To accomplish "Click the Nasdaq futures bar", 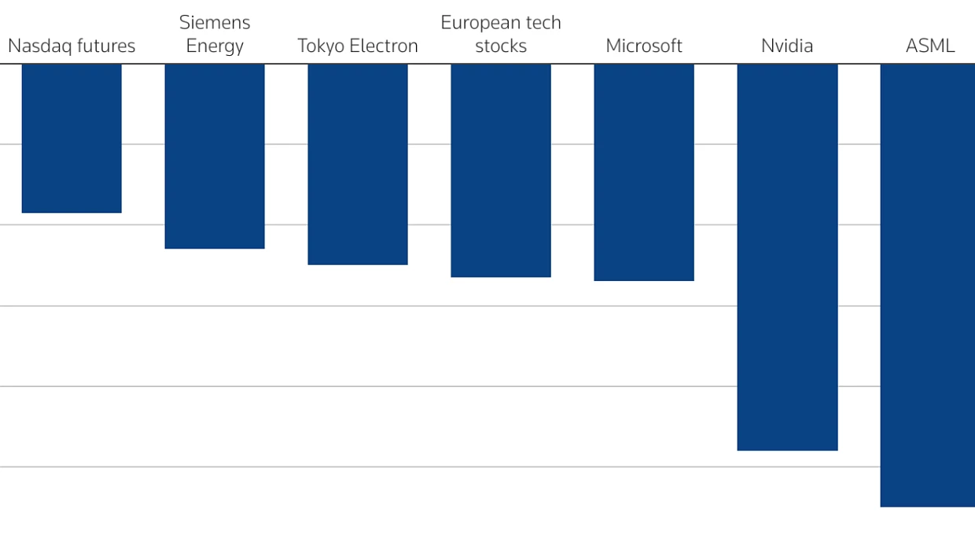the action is [72, 138].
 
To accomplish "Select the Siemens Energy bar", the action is [215, 157].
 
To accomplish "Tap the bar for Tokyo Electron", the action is [358, 164].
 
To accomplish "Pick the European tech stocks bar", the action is [501, 171].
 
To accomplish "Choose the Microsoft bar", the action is [644, 172].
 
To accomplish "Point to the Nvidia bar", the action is [787, 257].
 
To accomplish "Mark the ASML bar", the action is [928, 286].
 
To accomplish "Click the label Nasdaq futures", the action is [72, 46].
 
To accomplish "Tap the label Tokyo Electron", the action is [358, 46].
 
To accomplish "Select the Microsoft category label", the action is [644, 46].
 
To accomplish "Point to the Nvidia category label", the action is [787, 46].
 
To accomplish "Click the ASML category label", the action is [930, 46].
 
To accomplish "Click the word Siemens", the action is [215, 23].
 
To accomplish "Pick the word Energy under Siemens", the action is [215, 46].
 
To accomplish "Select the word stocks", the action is [501, 46].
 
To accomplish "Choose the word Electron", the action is [384, 46].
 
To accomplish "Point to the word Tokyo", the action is [321, 46].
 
